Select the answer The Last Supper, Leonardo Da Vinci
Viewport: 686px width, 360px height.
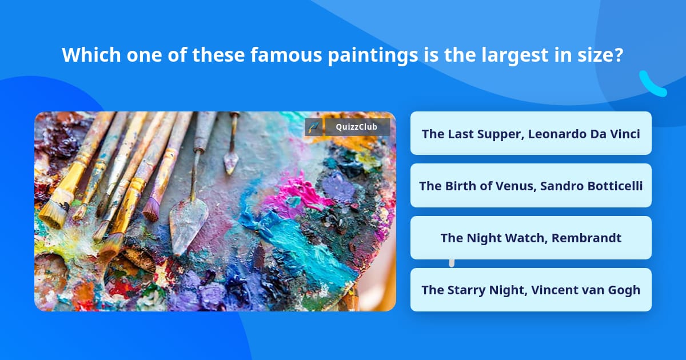click(x=531, y=134)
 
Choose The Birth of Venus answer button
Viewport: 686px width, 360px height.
click(x=531, y=186)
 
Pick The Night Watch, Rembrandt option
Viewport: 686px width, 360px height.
click(x=531, y=238)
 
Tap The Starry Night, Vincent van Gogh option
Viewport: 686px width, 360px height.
click(x=531, y=290)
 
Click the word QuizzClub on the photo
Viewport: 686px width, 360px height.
click(x=357, y=127)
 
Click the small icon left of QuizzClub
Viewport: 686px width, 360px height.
click(x=314, y=127)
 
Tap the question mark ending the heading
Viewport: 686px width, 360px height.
click(x=618, y=55)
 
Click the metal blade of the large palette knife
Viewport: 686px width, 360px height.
click(x=187, y=223)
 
